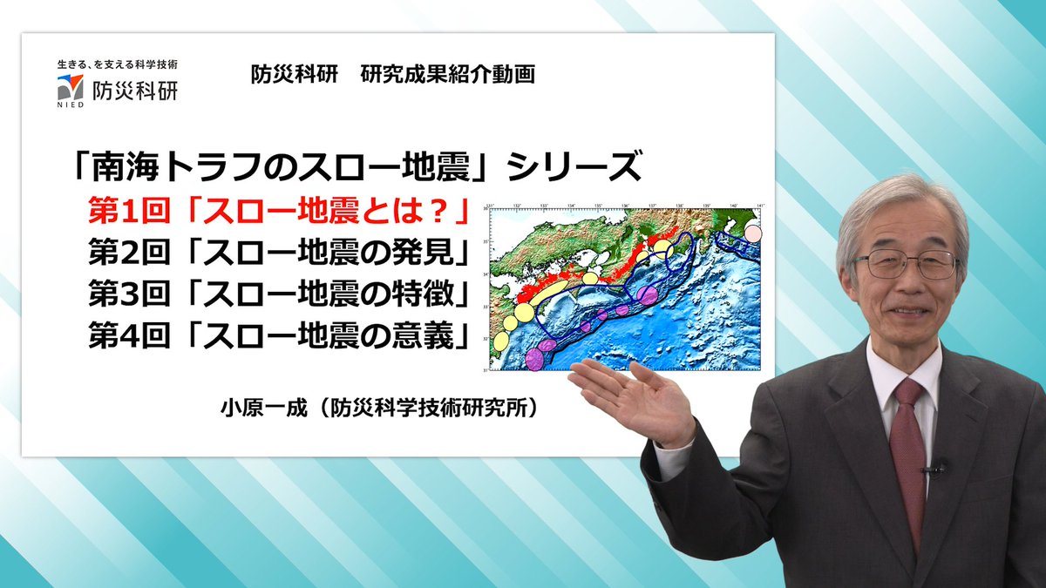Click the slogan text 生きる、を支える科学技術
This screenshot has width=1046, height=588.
pyautogui.click(x=118, y=64)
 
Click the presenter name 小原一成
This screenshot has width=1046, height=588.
pyautogui.click(x=261, y=406)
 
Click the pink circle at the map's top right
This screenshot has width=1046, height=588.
pyautogui.click(x=752, y=233)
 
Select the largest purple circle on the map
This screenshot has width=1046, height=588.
pyautogui.click(x=647, y=294)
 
